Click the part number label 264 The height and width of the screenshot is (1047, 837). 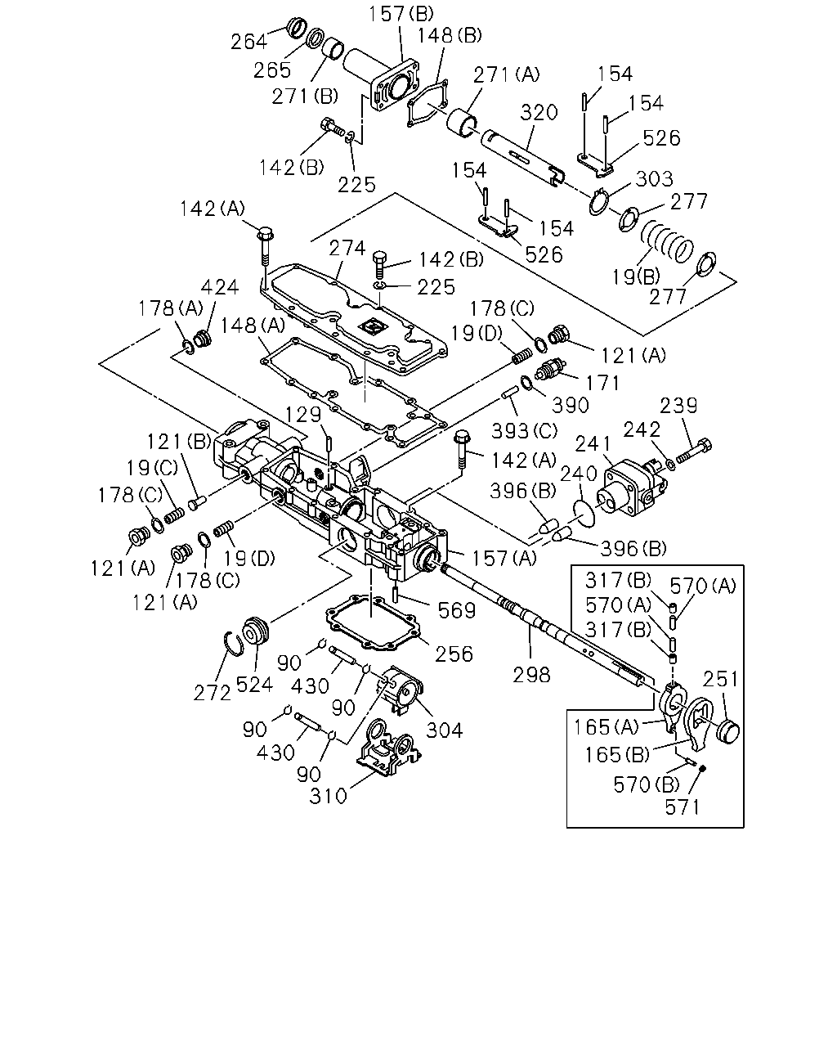248,42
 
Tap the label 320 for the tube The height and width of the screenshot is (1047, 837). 539,112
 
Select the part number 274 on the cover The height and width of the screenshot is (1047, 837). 347,248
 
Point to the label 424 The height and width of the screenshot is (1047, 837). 220,287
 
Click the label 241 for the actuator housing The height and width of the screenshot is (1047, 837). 593,443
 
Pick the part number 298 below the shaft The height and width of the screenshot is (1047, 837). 532,675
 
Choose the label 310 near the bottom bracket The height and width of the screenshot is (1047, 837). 329,796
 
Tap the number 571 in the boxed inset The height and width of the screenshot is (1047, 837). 683,807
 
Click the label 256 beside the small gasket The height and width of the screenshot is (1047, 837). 454,654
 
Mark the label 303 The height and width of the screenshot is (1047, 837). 655,178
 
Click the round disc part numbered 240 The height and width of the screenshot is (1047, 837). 584,513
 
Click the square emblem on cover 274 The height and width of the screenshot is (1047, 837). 372,328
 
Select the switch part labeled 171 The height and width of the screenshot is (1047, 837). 549,372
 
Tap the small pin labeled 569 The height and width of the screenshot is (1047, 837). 396,595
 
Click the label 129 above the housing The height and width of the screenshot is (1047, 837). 303,415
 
